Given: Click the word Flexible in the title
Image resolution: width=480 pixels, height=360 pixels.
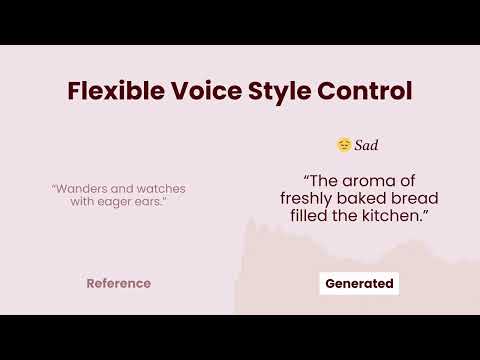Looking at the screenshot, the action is point(116,91).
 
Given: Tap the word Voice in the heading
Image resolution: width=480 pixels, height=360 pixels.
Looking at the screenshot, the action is point(207,91).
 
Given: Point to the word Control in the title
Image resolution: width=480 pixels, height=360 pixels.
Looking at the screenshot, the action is point(365,91).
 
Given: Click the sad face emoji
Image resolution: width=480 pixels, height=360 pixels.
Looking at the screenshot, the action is point(344,145).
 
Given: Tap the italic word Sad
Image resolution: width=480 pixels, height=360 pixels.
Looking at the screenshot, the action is point(366,145).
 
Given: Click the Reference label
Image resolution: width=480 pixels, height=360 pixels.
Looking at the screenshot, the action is point(119,283).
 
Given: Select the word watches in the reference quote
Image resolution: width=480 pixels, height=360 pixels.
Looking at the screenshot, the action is point(161,189).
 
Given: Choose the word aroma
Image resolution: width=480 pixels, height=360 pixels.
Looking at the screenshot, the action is point(369,181).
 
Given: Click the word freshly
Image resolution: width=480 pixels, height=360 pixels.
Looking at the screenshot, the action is point(306,199).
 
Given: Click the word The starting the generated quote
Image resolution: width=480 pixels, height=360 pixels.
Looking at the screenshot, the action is point(324,181).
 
